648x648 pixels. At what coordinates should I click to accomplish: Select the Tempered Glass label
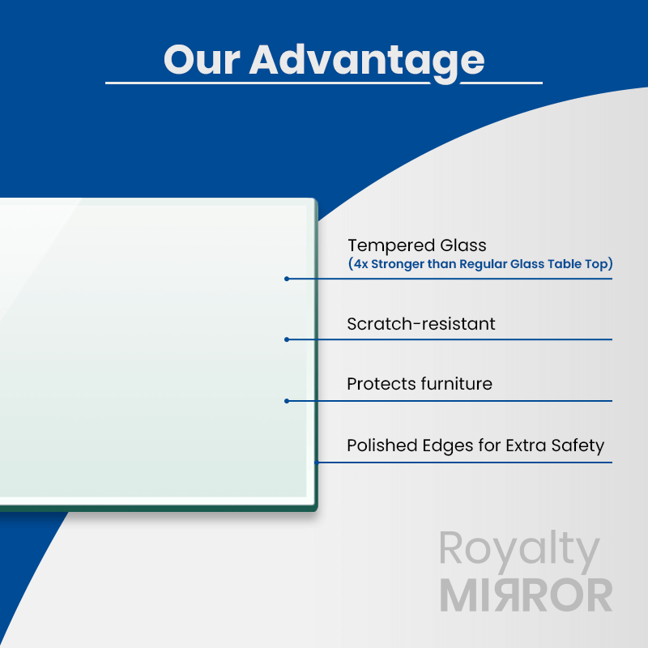[416, 245]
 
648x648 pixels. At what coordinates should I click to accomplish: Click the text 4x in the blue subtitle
[360, 264]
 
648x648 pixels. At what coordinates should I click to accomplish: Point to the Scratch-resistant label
[420, 324]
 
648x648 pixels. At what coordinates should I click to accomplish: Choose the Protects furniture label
[419, 384]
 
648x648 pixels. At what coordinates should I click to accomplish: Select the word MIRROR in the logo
[526, 596]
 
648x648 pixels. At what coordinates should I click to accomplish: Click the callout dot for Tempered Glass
[287, 279]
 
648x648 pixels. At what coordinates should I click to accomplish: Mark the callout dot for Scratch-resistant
[287, 339]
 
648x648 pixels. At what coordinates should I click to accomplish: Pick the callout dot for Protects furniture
[287, 400]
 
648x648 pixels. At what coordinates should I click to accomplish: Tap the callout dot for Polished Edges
[317, 463]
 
